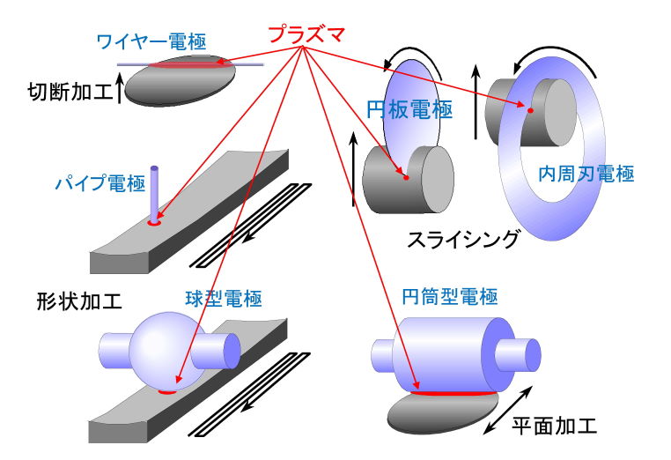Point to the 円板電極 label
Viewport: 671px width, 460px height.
pyautogui.click(x=409, y=110)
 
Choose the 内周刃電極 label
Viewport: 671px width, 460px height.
pyautogui.click(x=586, y=174)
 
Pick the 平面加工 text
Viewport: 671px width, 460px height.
pyautogui.click(x=554, y=427)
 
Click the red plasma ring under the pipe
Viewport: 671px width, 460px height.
pyautogui.click(x=154, y=224)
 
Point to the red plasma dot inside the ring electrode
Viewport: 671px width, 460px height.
pyautogui.click(x=530, y=110)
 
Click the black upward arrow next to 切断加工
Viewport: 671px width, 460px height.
pyautogui.click(x=120, y=91)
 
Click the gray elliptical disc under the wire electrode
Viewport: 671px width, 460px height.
pyautogui.click(x=181, y=83)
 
